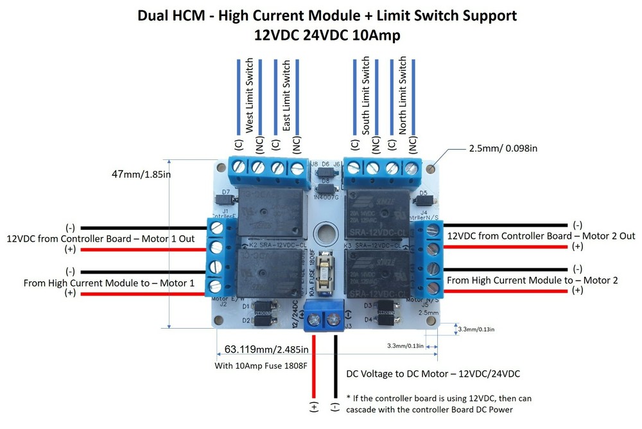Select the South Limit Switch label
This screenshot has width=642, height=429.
click(x=366, y=96)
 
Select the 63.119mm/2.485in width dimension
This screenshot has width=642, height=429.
click(x=266, y=350)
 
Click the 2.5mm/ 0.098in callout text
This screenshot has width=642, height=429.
click(x=503, y=148)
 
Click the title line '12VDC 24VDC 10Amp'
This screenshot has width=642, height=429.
click(x=327, y=36)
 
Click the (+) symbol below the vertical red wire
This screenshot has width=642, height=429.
click(x=314, y=408)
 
